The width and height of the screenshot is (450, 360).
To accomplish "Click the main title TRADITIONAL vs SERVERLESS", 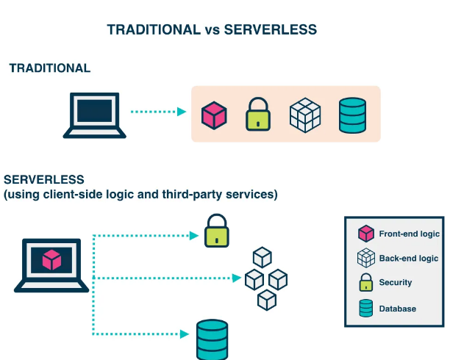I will point(212,29).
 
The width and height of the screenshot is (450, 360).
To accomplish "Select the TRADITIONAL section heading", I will point(49,68).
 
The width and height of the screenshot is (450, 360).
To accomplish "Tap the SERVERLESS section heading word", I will point(44,179).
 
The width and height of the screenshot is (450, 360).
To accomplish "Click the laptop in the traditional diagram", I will point(95,115).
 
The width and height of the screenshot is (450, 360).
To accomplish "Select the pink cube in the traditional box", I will point(214,115).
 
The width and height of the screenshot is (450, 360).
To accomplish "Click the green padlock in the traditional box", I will point(257,115).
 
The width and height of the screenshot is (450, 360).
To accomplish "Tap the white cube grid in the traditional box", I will point(305,115).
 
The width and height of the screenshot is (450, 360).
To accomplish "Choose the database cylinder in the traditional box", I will point(351,115).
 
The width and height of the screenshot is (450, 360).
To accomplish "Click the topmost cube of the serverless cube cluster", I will point(262,256).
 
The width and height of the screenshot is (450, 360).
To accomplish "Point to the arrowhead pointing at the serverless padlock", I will point(195,236).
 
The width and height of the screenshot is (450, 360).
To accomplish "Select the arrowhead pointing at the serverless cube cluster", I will point(237,278).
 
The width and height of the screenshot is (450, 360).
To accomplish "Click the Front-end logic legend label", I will point(409,234).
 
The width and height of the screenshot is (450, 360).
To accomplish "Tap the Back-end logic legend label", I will point(408,259).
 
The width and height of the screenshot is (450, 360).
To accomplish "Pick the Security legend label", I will point(395,283).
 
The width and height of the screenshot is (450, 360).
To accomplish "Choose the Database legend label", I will point(397,309).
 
